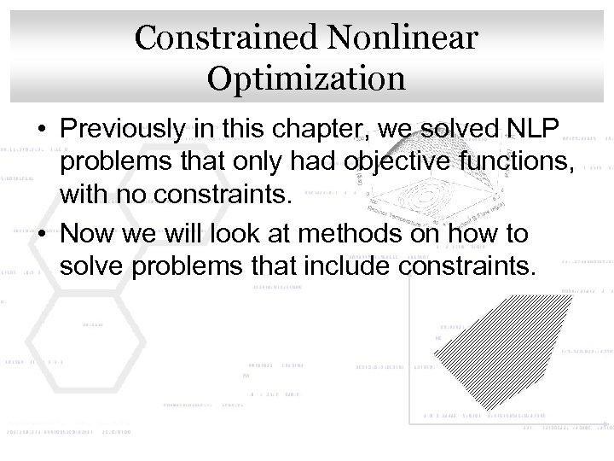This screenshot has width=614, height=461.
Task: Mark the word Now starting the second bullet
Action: (88, 234)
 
